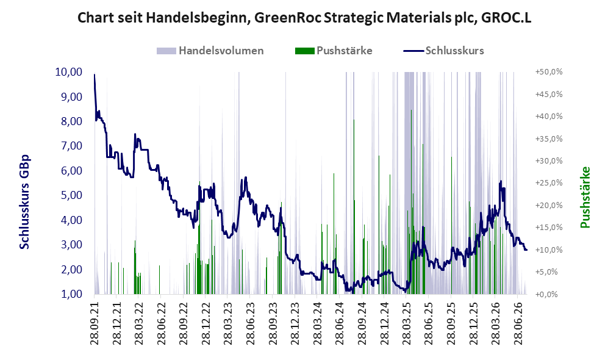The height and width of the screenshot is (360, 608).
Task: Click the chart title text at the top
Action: pos(304,18)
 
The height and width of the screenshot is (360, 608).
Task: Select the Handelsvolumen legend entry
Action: pos(210,51)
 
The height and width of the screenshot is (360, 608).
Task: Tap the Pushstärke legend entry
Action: pos(334,51)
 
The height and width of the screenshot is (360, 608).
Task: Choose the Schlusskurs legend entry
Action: pos(443,51)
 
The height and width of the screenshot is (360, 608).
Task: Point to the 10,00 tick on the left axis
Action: pos(69,72)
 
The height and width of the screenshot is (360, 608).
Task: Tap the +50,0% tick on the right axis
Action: pos(549,72)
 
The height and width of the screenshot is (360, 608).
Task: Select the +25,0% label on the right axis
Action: pos(549,183)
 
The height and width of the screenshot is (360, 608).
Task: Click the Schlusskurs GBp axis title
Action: pos(24,202)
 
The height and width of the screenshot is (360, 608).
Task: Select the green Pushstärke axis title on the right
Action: pos(585,198)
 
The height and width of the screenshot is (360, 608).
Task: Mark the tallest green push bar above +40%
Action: pos(411,202)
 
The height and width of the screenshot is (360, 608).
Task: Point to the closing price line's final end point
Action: pos(526,250)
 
